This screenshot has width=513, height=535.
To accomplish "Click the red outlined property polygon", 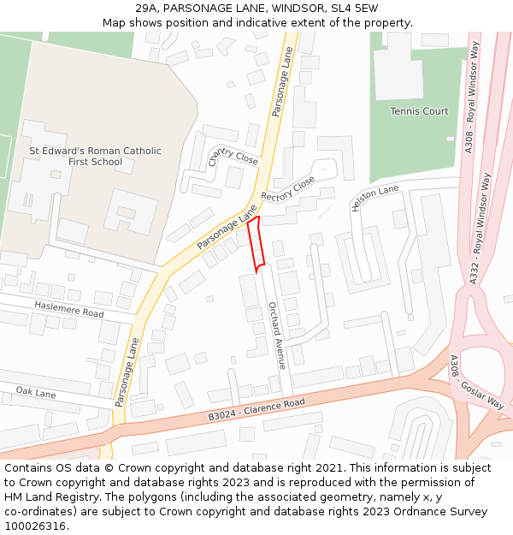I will point(256,244).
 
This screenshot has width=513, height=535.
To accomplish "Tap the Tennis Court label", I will point(419,111).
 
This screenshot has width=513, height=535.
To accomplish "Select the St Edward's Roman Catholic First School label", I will point(95,156).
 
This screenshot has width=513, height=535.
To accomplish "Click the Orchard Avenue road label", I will point(276,335).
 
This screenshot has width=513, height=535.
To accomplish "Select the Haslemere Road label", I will point(68,309).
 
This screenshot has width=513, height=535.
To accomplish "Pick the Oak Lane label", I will point(35,392).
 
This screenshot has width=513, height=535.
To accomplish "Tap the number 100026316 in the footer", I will point(36,526).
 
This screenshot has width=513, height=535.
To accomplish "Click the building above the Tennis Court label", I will point(398,65).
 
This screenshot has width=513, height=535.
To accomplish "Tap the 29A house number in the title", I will point(148,8).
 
